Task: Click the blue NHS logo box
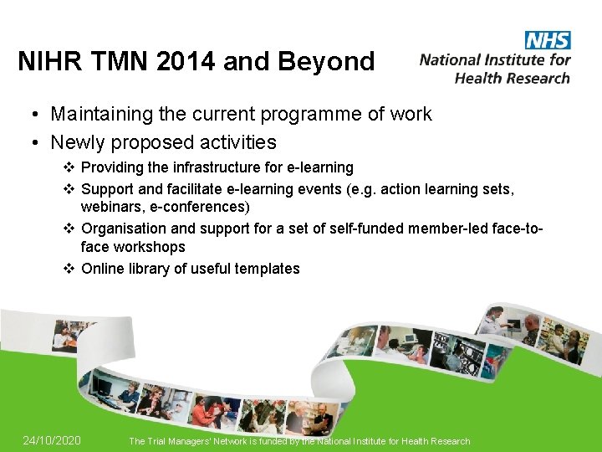click(x=548, y=40)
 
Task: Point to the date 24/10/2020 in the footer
click(x=52, y=440)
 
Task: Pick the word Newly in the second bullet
click(x=79, y=142)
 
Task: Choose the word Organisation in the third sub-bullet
click(x=125, y=227)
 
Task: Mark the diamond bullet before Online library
click(x=69, y=269)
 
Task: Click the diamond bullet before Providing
click(x=69, y=167)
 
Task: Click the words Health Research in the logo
click(x=512, y=78)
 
